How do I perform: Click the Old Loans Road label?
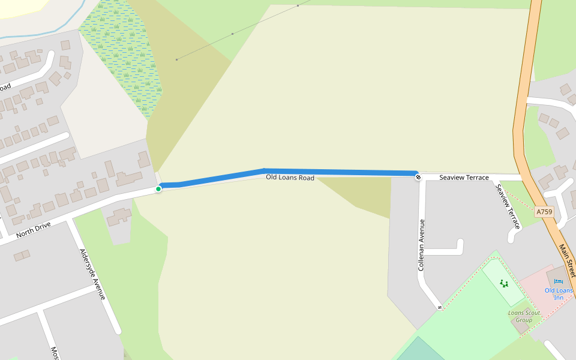[290, 178]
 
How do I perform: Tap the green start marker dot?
[158, 189]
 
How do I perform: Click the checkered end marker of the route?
[417, 176]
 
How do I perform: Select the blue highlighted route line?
[336, 172]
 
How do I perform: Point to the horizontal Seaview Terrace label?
[464, 178]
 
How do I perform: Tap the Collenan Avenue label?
[422, 244]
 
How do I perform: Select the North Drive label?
[33, 230]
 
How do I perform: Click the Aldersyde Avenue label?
[92, 274]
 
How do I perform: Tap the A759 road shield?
[544, 212]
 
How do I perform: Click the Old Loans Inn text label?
[559, 294]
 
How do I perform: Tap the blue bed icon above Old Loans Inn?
[559, 282]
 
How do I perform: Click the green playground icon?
[503, 283]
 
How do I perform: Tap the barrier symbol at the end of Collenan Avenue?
[440, 308]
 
